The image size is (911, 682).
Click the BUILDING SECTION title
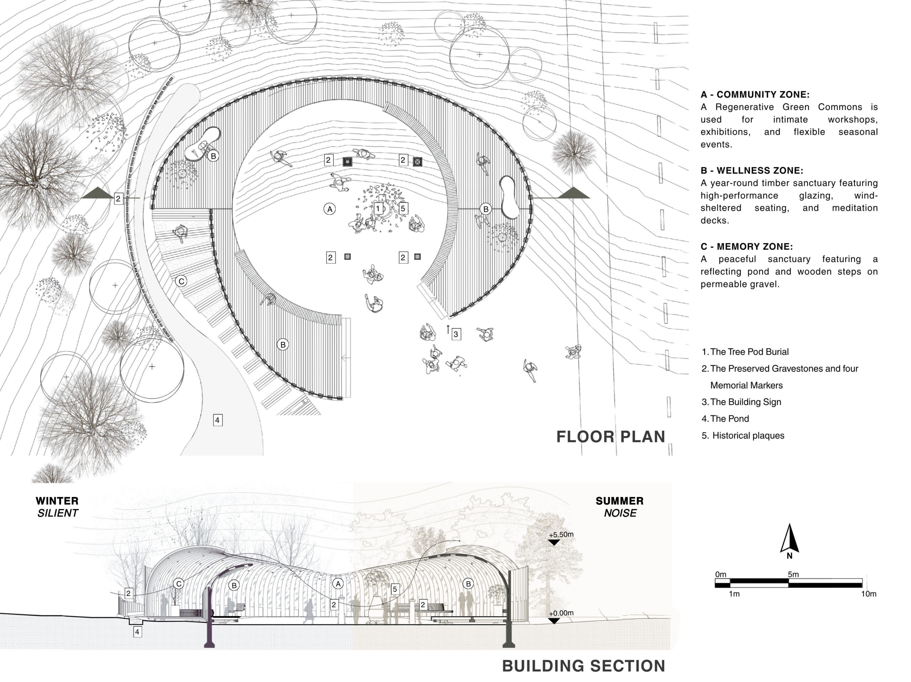[x=584, y=666]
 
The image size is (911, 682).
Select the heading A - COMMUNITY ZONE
[x=755, y=95]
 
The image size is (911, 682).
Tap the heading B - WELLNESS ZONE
[x=752, y=170]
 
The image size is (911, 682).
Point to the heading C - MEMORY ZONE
[x=747, y=247]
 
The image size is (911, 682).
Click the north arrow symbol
[x=790, y=538]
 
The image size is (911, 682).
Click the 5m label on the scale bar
[x=793, y=574]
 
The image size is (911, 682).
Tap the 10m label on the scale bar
[x=869, y=594]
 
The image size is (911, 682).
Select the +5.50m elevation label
[x=561, y=535]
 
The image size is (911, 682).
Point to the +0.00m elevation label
[x=561, y=613]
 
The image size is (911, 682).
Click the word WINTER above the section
[x=57, y=501]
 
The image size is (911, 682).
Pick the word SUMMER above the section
[x=620, y=501]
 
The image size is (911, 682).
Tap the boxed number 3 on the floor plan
[x=455, y=334]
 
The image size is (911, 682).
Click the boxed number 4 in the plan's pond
[x=217, y=420]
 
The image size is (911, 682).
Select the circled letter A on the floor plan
[x=330, y=209]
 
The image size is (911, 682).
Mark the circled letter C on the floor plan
[x=181, y=281]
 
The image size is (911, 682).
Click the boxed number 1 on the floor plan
[x=378, y=208]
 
